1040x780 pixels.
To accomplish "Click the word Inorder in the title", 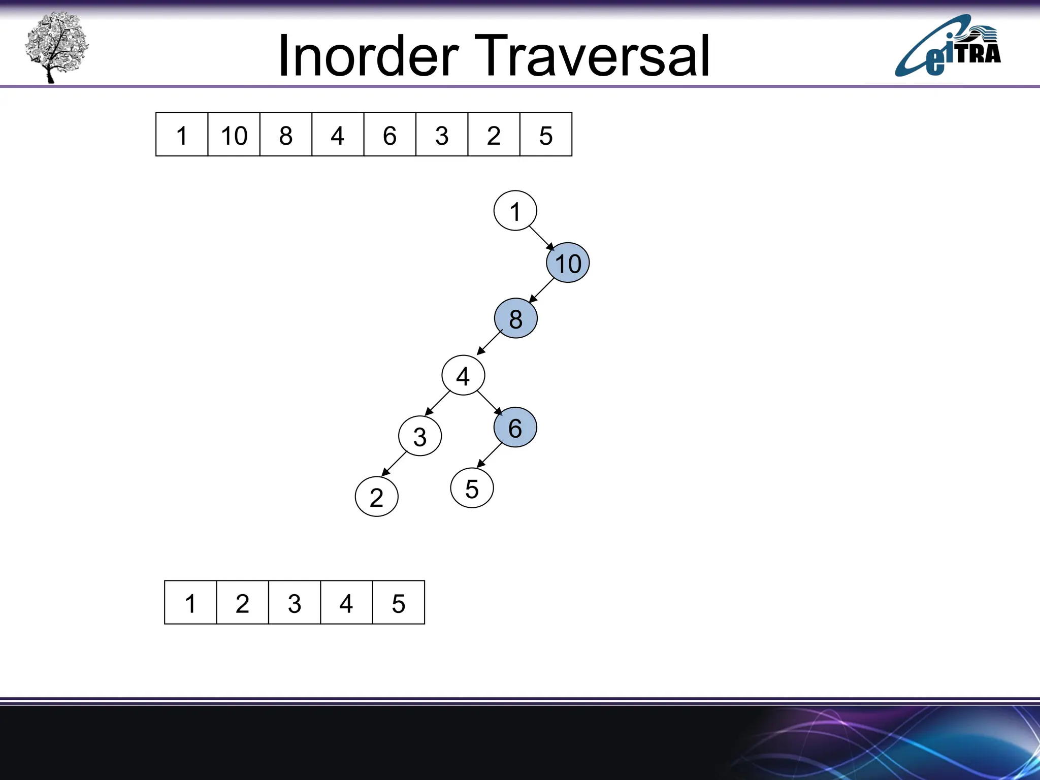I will click(368, 56).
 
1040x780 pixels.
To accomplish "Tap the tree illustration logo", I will click(56, 47).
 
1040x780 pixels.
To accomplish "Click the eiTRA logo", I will click(948, 47).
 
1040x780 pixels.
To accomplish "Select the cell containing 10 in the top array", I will click(234, 135).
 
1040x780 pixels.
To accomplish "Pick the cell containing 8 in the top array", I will click(286, 135).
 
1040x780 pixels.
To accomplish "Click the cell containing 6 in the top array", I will click(389, 135).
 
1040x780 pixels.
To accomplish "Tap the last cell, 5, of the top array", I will click(546, 135).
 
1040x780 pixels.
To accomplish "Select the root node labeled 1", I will click(515, 211).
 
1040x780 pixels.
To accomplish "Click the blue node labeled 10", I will click(568, 263).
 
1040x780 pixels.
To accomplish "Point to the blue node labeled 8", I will click(515, 318).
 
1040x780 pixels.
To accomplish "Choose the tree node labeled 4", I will click(463, 375).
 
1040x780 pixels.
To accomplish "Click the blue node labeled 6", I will click(515, 428).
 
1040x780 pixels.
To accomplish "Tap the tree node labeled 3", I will click(420, 436).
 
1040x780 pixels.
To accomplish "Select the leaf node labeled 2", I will click(376, 497).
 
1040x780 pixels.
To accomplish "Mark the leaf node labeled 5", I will click(472, 489).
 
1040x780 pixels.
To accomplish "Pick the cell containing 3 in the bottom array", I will click(295, 603).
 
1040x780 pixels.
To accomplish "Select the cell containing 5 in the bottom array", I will click(399, 603).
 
